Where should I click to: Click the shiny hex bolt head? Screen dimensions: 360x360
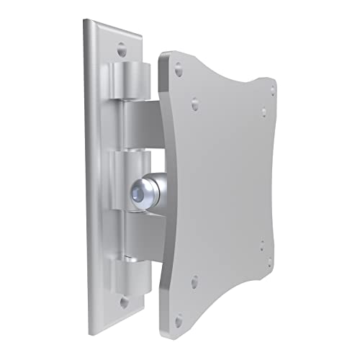pos(141,192)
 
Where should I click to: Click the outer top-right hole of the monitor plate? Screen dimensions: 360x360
pos(273,89)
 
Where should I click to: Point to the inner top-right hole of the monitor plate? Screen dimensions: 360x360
pos(264,112)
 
